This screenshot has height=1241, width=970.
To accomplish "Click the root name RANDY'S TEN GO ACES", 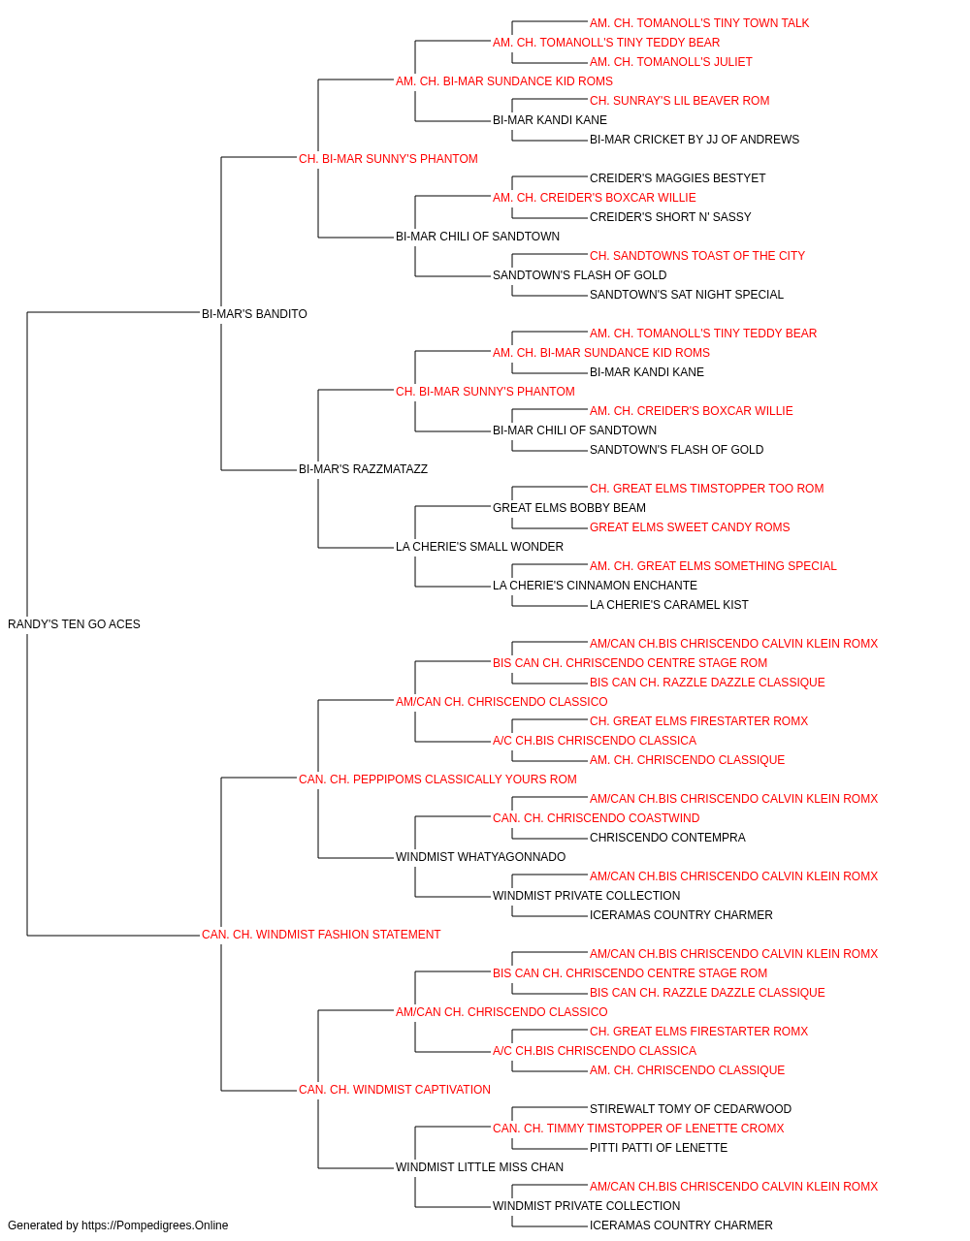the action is coord(74,624).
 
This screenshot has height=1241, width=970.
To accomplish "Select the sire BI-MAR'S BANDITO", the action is coord(254,313).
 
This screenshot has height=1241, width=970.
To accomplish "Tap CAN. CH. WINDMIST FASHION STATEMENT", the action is coord(321,935).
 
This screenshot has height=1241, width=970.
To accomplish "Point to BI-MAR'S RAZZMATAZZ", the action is coord(363,469).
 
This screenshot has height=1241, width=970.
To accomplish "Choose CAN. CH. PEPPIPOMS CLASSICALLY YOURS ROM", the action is coord(437,779).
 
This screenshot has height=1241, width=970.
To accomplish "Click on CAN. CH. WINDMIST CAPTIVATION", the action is coord(394,1090).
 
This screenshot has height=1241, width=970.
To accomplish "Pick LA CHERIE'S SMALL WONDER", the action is coord(479,547).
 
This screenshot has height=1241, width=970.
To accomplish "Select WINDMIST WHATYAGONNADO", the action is coord(480,857).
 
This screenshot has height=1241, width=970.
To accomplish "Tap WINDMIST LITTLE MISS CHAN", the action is coord(479,1167).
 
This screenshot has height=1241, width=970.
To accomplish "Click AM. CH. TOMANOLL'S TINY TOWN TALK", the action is coord(699,23).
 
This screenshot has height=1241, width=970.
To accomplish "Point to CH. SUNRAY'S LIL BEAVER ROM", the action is coord(679,101).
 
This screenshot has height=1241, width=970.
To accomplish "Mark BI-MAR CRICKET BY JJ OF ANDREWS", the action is coord(695,140).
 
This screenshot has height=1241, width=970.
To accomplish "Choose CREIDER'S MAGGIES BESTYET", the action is coord(677,178).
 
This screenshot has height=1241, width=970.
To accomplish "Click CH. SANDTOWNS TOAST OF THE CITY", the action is coord(696,255).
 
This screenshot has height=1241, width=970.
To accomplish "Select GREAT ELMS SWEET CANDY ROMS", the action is coord(690,527).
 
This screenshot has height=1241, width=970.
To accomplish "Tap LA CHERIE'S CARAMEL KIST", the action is coord(669,605).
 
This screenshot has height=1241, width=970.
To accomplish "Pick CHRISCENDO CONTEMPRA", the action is coord(667,838).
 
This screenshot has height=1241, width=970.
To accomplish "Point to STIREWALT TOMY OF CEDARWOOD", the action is coord(690,1109).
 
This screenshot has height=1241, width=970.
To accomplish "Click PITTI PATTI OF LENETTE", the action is coord(659,1148).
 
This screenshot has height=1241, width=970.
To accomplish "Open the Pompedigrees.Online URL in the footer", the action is coord(155,1225).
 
